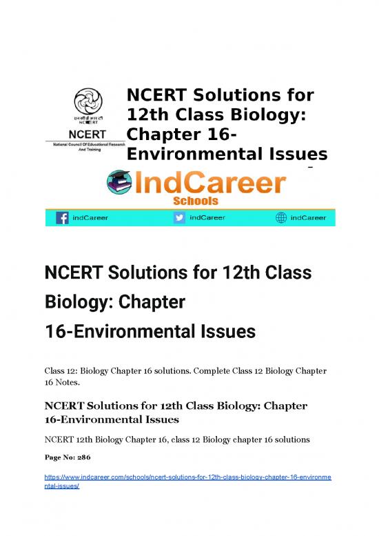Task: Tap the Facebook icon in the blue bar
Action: click(61, 218)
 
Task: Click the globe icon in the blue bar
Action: click(280, 218)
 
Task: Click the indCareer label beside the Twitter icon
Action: click(206, 218)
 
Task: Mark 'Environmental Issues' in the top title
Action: click(226, 152)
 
